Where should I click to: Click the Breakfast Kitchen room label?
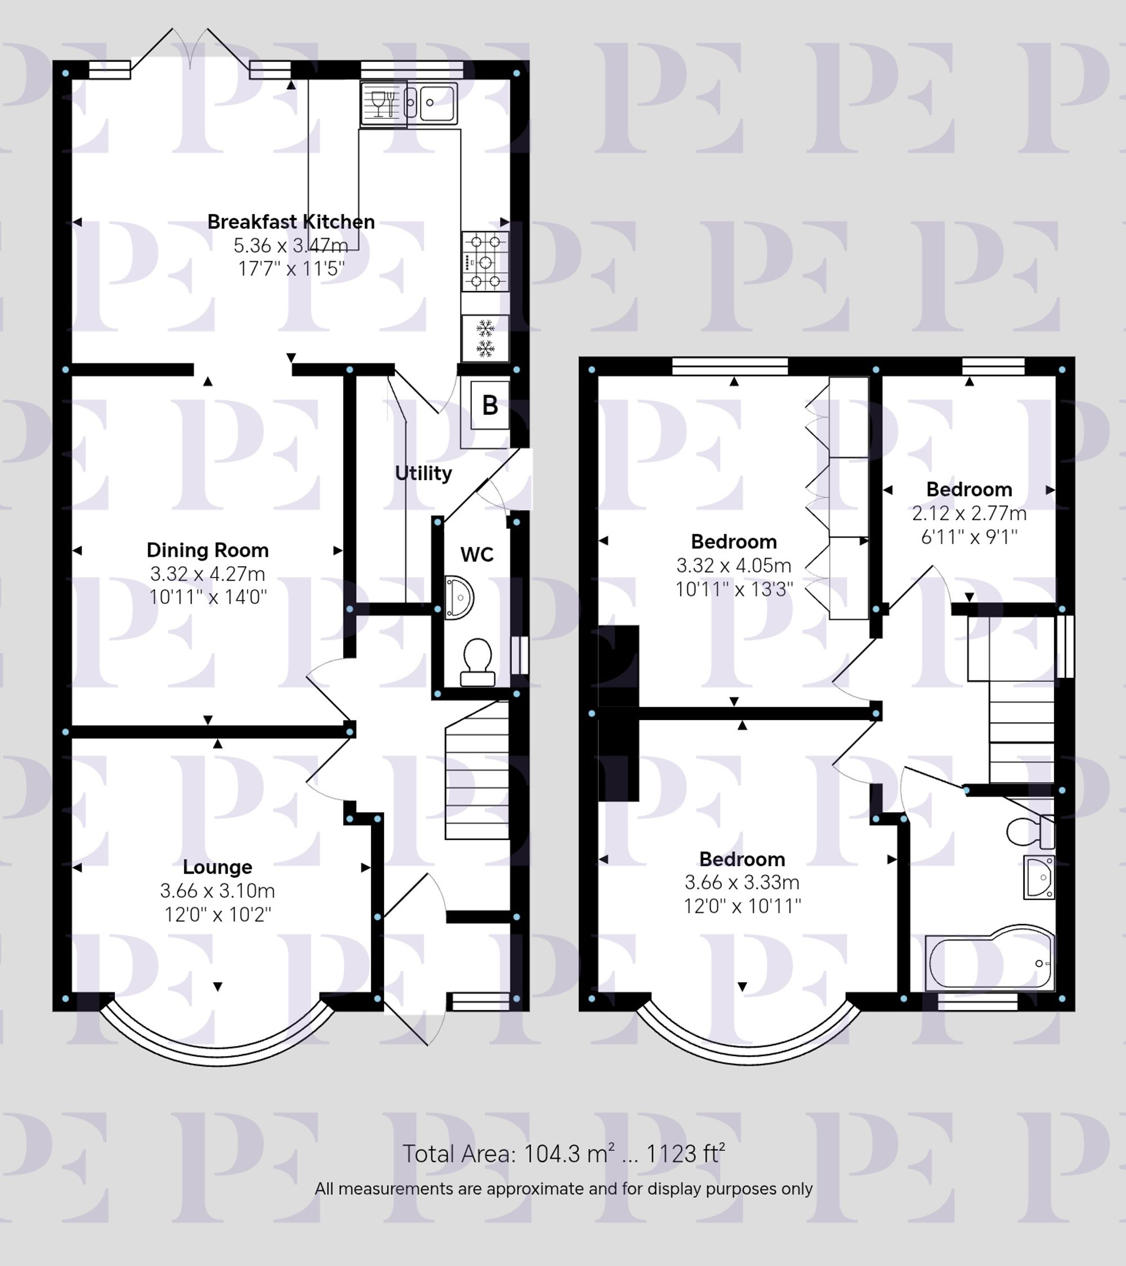291,222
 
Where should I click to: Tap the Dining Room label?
208,550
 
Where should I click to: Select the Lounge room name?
217,866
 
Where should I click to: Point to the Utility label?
423,473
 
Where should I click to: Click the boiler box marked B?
490,406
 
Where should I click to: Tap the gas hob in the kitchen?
485,261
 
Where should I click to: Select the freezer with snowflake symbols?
485,338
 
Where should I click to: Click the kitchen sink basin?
437,102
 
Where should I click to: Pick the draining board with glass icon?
383,104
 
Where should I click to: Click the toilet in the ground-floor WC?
477,661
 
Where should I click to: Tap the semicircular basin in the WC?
458,598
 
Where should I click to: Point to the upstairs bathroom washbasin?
1039,876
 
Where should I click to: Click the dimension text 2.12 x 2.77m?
969,513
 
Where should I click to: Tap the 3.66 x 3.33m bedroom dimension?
742,883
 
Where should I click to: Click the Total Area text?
563,1154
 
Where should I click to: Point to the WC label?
477,554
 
